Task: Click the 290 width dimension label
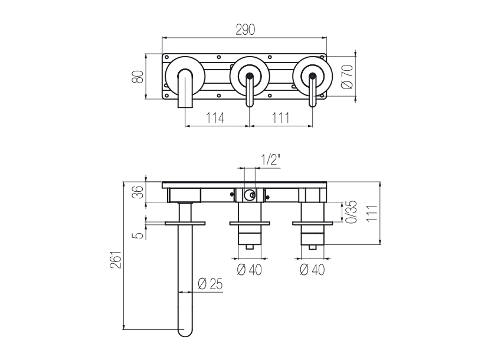(245, 30)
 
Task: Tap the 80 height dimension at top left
(138, 76)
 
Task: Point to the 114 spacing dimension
(215, 118)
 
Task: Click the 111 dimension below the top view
(280, 118)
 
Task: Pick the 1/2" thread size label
(270, 161)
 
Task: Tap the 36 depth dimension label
(138, 192)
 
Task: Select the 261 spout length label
(116, 260)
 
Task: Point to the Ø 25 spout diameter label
(211, 284)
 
